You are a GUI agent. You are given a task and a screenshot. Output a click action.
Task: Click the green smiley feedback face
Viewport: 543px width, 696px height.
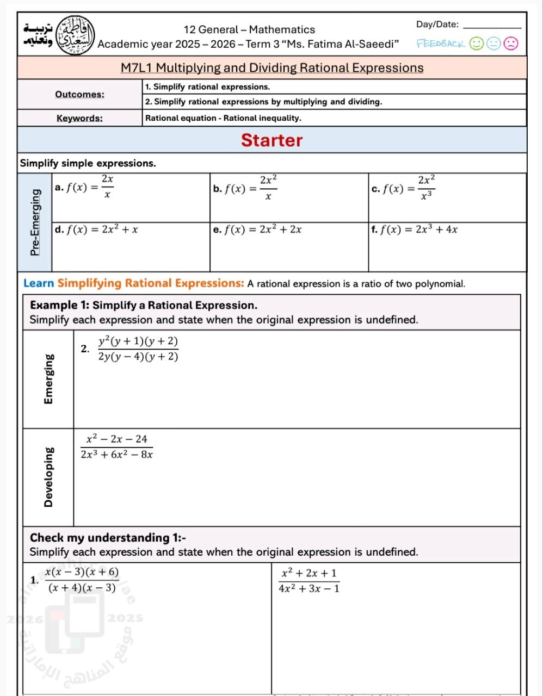[x=477, y=43]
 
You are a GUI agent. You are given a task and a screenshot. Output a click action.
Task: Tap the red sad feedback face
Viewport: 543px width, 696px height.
[x=511, y=43]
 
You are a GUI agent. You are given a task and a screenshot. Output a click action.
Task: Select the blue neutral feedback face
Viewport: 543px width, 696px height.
[x=494, y=43]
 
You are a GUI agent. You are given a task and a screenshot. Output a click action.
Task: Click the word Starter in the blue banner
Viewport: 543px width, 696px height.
[x=271, y=140]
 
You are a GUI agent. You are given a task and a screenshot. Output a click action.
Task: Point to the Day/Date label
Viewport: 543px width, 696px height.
[x=437, y=24]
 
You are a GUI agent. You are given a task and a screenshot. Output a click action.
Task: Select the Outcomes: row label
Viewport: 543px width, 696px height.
[x=79, y=94]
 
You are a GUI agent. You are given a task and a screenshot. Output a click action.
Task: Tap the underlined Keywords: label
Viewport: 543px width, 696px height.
[x=79, y=118]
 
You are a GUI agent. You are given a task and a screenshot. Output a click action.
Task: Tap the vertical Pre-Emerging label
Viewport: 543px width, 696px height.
[x=35, y=222]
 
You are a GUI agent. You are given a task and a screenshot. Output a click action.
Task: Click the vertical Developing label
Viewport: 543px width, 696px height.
[x=49, y=477]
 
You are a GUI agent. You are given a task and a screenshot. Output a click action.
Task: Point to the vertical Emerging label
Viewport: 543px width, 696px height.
[x=49, y=379]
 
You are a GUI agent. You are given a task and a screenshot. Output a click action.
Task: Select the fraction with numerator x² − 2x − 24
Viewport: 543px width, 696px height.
[x=116, y=446]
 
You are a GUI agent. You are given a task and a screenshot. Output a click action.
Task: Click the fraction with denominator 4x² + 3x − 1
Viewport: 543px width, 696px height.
[x=308, y=580]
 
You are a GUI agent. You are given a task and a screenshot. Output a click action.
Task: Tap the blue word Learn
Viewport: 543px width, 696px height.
[x=39, y=283]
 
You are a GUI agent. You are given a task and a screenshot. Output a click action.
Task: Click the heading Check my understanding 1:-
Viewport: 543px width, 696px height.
[x=108, y=538]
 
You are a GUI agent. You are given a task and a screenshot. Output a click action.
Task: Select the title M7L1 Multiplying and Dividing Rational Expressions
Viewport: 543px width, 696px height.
[x=271, y=68]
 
